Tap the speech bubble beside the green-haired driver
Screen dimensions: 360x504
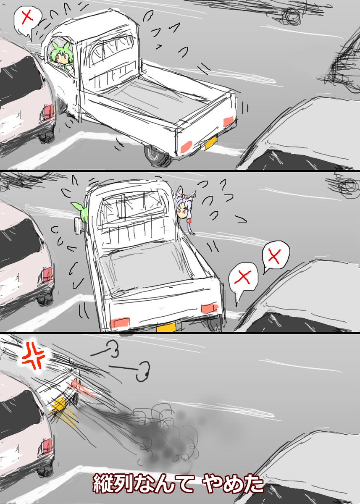pos(27,20)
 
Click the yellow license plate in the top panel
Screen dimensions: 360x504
pos(211,142)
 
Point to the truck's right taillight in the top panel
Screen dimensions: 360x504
pos(229,121)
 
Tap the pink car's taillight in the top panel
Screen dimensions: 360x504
pos(48,112)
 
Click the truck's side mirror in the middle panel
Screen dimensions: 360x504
pos(78,225)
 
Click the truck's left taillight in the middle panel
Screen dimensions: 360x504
pos(120,323)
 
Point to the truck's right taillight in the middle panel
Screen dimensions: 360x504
pos(210,309)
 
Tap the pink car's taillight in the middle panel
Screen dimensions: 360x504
pos(47,275)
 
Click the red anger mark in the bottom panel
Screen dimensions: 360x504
pos(34,357)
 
